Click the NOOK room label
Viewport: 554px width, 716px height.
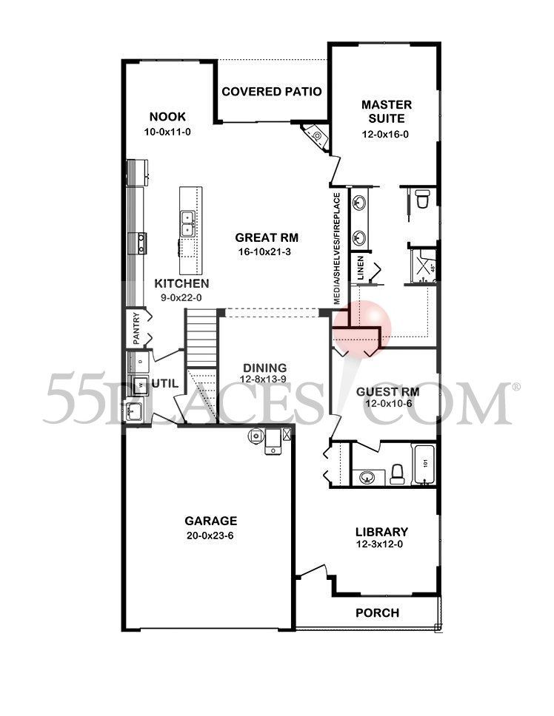tap(167, 117)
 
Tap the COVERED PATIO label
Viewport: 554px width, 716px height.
tap(271, 92)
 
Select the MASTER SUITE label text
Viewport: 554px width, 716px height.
tap(386, 111)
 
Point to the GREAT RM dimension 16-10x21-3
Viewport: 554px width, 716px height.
tap(267, 252)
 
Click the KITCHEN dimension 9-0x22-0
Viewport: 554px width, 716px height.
tap(181, 297)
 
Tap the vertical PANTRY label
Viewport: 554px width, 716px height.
tap(136, 327)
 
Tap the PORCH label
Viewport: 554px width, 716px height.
tap(377, 612)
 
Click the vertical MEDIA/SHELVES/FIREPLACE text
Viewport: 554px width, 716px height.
tap(337, 249)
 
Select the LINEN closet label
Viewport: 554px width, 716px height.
tap(361, 267)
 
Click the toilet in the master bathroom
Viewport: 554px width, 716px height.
tap(423, 198)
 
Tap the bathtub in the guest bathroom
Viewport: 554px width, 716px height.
tap(424, 465)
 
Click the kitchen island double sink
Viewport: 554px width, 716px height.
tap(187, 220)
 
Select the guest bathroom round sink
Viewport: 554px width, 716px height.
tap(366, 477)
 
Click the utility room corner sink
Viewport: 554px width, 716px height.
tap(133, 411)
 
